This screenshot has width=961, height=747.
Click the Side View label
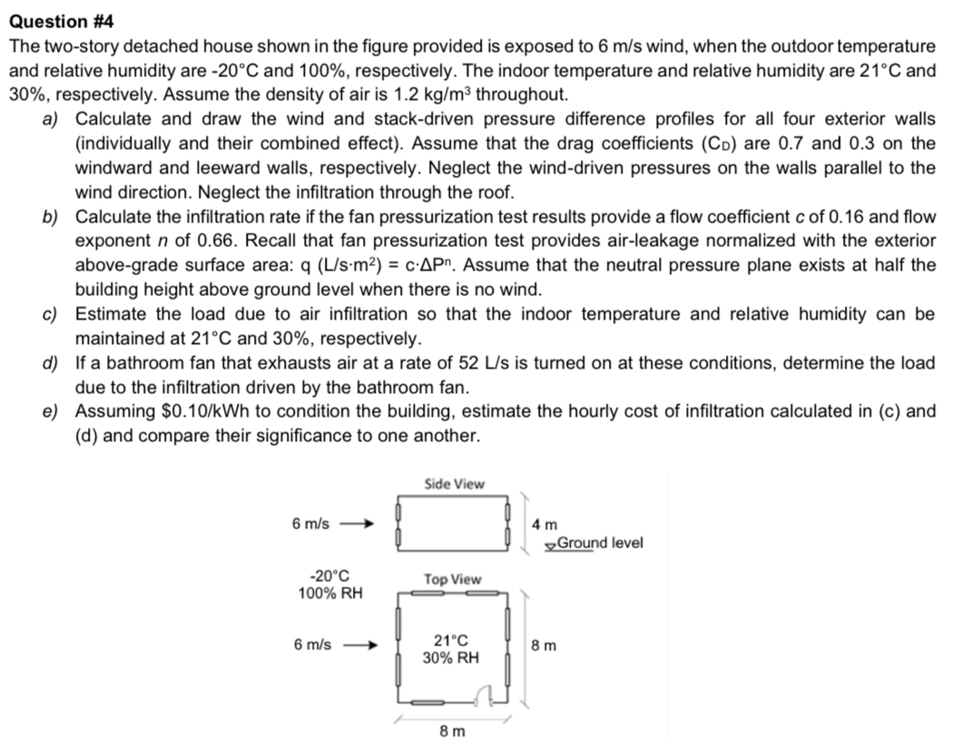tap(454, 484)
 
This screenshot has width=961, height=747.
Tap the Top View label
tap(452, 579)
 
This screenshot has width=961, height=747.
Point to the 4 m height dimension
tap(545, 524)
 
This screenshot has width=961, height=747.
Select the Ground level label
tap(599, 543)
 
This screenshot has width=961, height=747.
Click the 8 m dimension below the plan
tap(450, 732)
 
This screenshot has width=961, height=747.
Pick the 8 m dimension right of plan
tap(544, 646)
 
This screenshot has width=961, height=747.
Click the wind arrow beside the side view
tap(356, 524)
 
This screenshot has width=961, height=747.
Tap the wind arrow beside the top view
tap(358, 645)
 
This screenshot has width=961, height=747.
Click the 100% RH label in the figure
tap(329, 594)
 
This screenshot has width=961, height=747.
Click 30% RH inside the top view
tap(451, 657)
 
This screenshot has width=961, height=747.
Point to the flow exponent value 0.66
tap(209, 241)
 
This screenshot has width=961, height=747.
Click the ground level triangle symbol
tap(550, 545)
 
